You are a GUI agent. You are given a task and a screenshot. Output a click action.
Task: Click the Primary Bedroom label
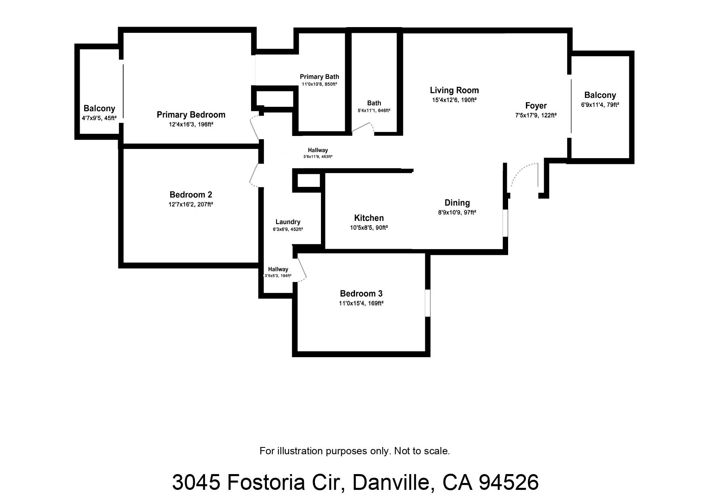click(191, 115)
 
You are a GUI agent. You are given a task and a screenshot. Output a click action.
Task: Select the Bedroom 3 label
click(361, 294)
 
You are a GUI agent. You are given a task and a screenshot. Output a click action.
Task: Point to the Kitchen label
click(369, 218)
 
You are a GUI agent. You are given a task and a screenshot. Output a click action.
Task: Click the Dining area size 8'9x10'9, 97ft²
click(457, 212)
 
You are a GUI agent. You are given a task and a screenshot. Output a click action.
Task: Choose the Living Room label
click(454, 90)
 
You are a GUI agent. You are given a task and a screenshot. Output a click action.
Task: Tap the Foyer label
click(536, 106)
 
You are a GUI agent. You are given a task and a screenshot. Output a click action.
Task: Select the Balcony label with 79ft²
click(600, 95)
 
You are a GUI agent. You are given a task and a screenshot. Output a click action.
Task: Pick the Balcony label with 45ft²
click(99, 108)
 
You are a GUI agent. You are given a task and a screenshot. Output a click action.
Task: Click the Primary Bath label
click(319, 77)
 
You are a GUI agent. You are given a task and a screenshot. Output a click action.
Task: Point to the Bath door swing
click(364, 127)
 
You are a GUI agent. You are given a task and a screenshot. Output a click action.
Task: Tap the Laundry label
click(288, 222)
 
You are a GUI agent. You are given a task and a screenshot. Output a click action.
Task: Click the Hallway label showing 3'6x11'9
click(318, 150)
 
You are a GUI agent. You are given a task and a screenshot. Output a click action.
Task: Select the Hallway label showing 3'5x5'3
click(278, 269)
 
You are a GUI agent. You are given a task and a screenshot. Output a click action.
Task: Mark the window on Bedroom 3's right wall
click(427, 303)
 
